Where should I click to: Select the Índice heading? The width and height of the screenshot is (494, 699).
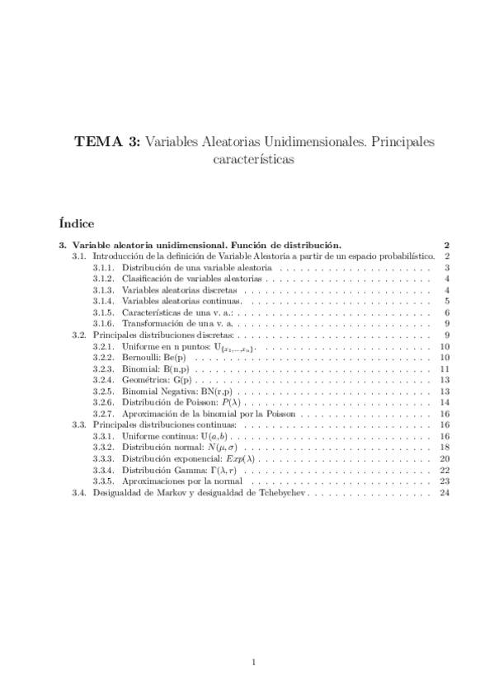pos(77,223)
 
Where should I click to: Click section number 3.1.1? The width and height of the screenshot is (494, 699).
pos(104,268)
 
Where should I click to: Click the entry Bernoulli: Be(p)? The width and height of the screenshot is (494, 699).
pos(155,357)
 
